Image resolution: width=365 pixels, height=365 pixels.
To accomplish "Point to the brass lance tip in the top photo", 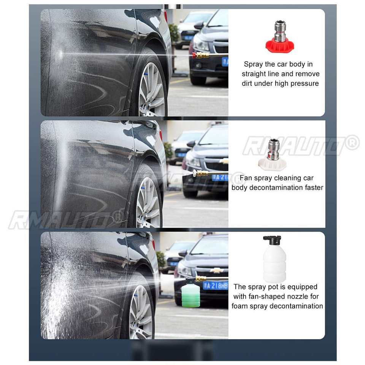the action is pos(201,56).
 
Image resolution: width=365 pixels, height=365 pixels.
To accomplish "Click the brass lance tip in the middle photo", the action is pos(201,173).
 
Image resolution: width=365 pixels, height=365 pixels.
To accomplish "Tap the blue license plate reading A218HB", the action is pos(215,286).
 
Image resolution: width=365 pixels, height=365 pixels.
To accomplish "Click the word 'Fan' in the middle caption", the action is pos(246,178).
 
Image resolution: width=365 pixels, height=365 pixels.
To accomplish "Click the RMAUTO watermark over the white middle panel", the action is pos(301,146).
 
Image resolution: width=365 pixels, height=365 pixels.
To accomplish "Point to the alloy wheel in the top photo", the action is pos(151,89).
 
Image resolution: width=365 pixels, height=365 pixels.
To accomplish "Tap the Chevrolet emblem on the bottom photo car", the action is pos(217,270).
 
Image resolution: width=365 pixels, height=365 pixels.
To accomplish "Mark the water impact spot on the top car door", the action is pos(60,54).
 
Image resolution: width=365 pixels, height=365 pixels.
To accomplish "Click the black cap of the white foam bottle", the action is pos(272,240).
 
